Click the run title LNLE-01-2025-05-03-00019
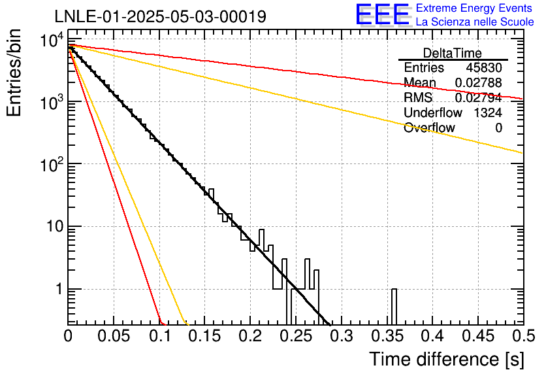pyautogui.click(x=161, y=16)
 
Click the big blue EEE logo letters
pyautogui.click(x=382, y=14)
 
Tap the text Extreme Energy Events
pyautogui.click(x=474, y=8)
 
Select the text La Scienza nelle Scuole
pyautogui.click(x=475, y=22)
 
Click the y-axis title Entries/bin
pyautogui.click(x=14, y=73)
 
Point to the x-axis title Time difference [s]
pyautogui.click(x=447, y=360)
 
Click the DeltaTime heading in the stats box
pyautogui.click(x=453, y=53)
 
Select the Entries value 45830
pyautogui.click(x=484, y=67)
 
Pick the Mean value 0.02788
pyautogui.click(x=479, y=82)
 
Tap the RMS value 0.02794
pyautogui.click(x=479, y=97)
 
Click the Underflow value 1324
pyautogui.click(x=488, y=112)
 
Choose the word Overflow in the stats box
pyautogui.click(x=429, y=127)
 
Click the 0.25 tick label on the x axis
pyautogui.click(x=296, y=336)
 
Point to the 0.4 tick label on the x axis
pyautogui.click(x=432, y=336)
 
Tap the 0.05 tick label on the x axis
pyautogui.click(x=114, y=336)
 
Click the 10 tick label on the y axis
pyautogui.click(x=55, y=227)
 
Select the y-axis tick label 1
pyautogui.click(x=59, y=289)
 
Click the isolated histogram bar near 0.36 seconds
pyautogui.click(x=394, y=307)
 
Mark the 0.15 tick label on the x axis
pyautogui.click(x=205, y=336)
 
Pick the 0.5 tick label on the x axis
pyautogui.click(x=524, y=336)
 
